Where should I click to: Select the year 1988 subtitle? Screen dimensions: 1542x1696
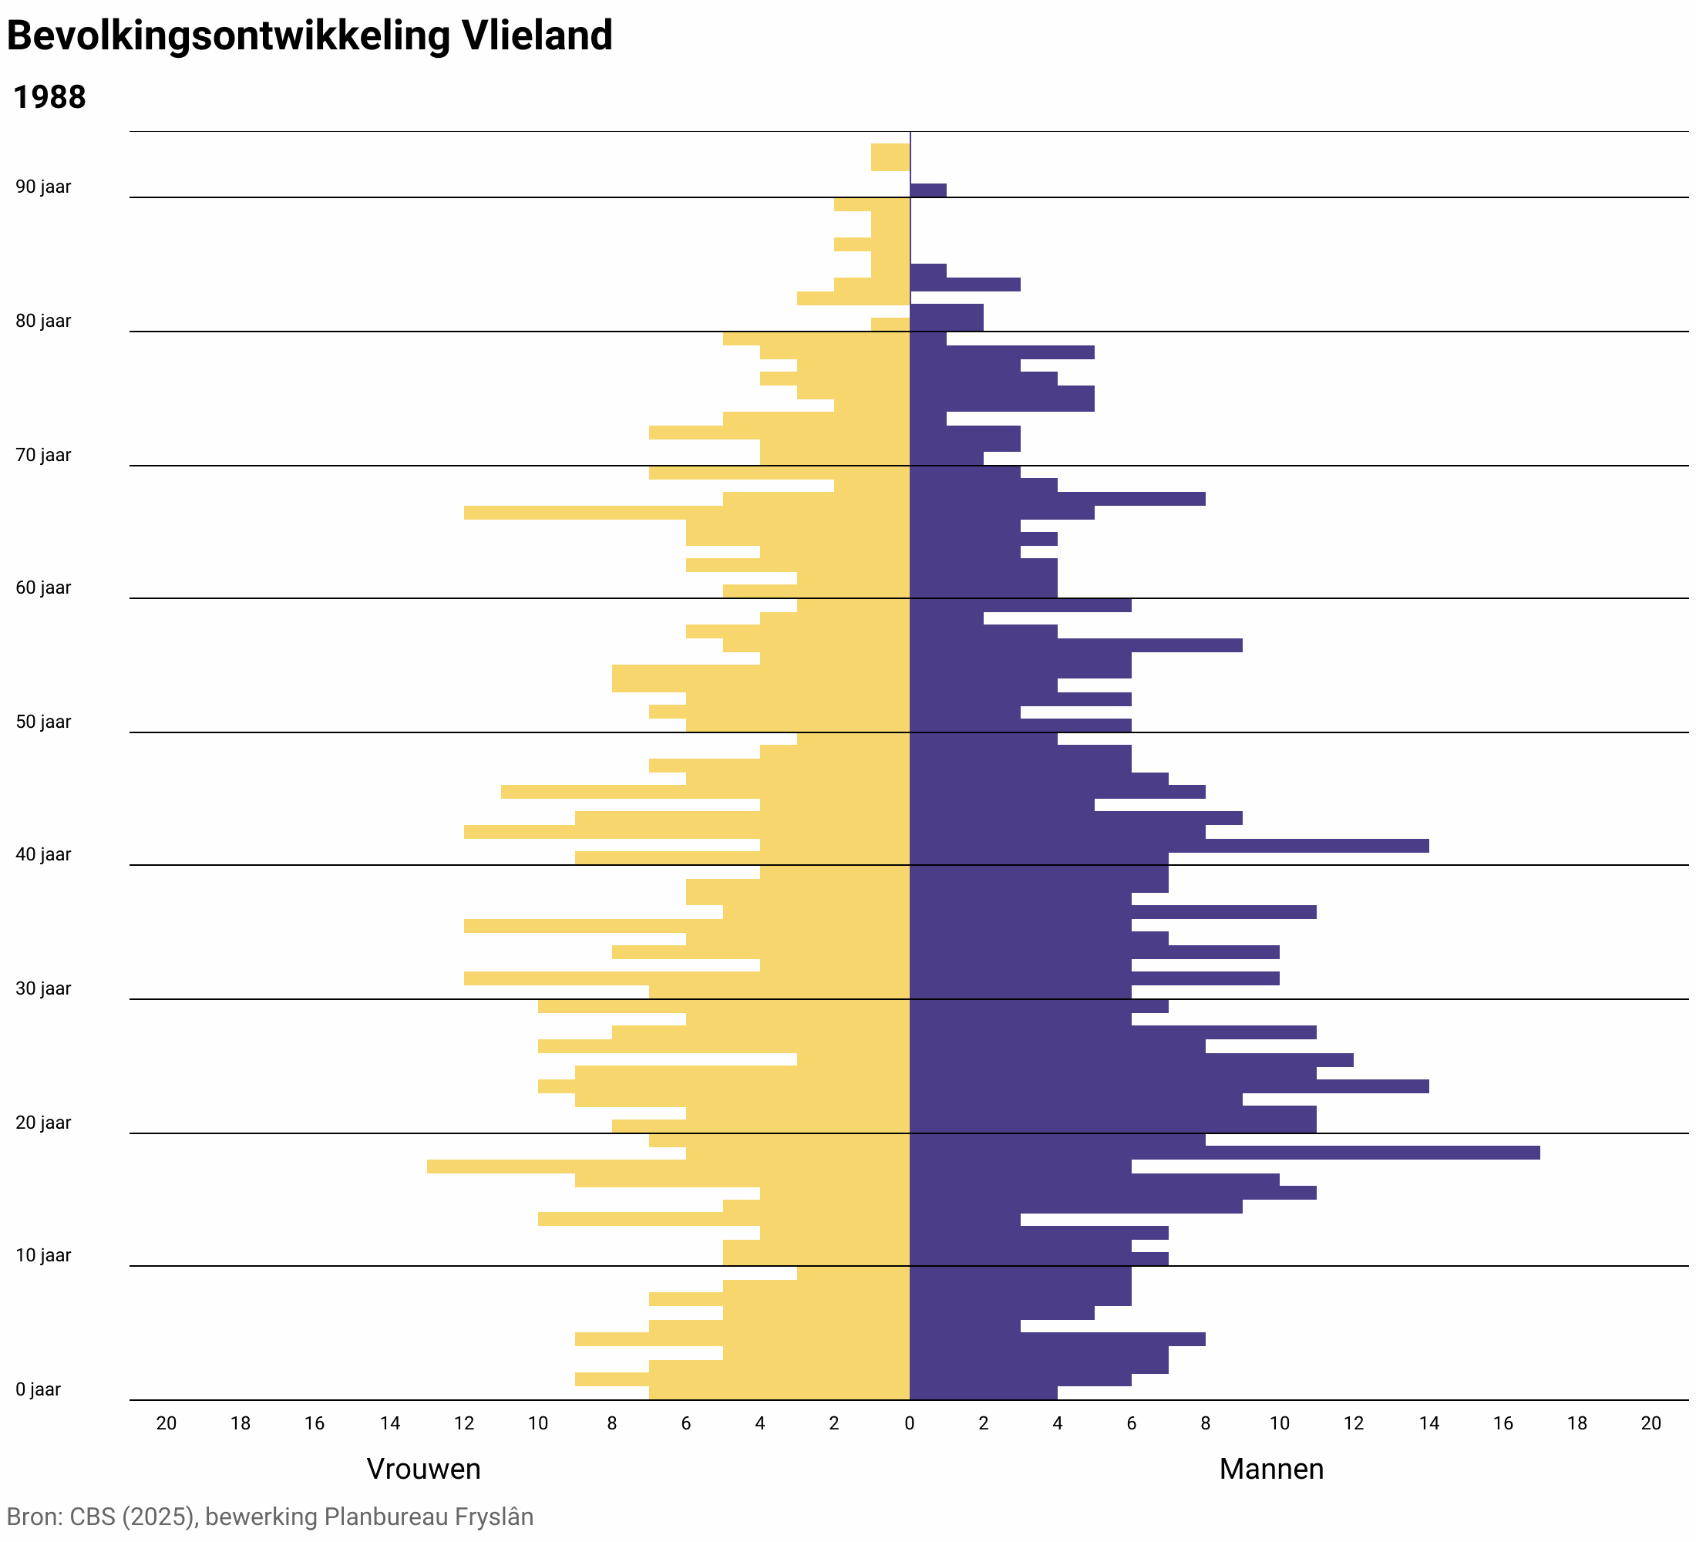click(49, 98)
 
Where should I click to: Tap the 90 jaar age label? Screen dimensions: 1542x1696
click(43, 187)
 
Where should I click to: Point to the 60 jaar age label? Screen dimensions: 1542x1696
click(43, 588)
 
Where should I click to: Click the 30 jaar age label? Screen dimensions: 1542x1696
click(43, 988)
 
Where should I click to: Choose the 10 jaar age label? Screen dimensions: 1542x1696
click(43, 1255)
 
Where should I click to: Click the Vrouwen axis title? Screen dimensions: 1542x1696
click(423, 1468)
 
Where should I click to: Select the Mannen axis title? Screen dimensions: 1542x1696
click(1270, 1468)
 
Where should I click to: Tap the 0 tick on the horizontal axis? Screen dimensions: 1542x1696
click(910, 1423)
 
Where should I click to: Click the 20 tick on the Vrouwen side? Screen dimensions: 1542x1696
click(167, 1423)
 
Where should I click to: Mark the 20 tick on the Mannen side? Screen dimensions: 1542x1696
click(1651, 1423)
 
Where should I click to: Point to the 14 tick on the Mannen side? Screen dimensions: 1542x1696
click(1428, 1423)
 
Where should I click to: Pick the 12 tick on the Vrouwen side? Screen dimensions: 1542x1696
click(463, 1423)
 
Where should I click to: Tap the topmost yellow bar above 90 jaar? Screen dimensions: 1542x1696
click(890, 157)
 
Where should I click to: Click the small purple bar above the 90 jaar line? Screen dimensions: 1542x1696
click(928, 190)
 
